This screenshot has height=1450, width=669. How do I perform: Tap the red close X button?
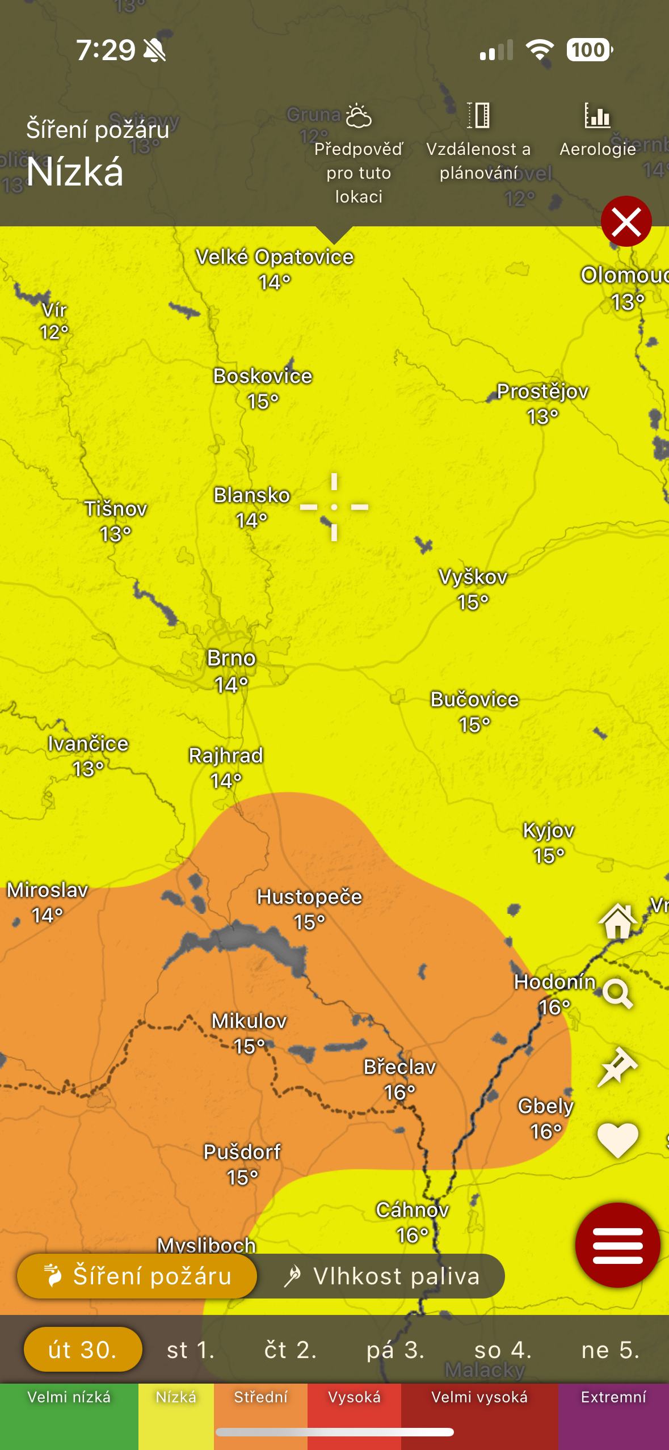pyautogui.click(x=626, y=221)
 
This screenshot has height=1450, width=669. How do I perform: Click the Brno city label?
pyautogui.click(x=232, y=659)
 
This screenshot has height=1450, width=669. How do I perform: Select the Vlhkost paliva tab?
pyautogui.click(x=382, y=1276)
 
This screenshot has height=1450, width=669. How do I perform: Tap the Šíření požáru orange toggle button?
pyautogui.click(x=138, y=1276)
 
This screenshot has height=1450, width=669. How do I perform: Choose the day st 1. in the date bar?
pyautogui.click(x=191, y=1350)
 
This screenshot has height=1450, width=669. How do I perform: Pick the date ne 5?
pyautogui.click(x=611, y=1350)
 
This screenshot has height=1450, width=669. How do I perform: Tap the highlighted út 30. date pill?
pyautogui.click(x=83, y=1350)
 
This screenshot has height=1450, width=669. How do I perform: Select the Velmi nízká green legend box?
pyautogui.click(x=69, y=1415)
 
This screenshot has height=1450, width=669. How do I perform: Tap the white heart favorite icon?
pyautogui.click(x=618, y=1140)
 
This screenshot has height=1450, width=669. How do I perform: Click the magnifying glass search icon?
pyautogui.click(x=618, y=993)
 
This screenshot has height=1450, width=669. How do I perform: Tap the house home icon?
pyautogui.click(x=618, y=921)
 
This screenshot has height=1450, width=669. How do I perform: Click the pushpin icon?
pyautogui.click(x=618, y=1067)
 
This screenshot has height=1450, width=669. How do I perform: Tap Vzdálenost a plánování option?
pyautogui.click(x=478, y=142)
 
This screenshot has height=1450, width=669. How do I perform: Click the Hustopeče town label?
pyautogui.click(x=309, y=897)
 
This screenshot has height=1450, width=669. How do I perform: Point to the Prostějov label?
pyautogui.click(x=542, y=392)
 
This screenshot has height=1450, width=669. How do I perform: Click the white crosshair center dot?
pyautogui.click(x=334, y=507)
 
